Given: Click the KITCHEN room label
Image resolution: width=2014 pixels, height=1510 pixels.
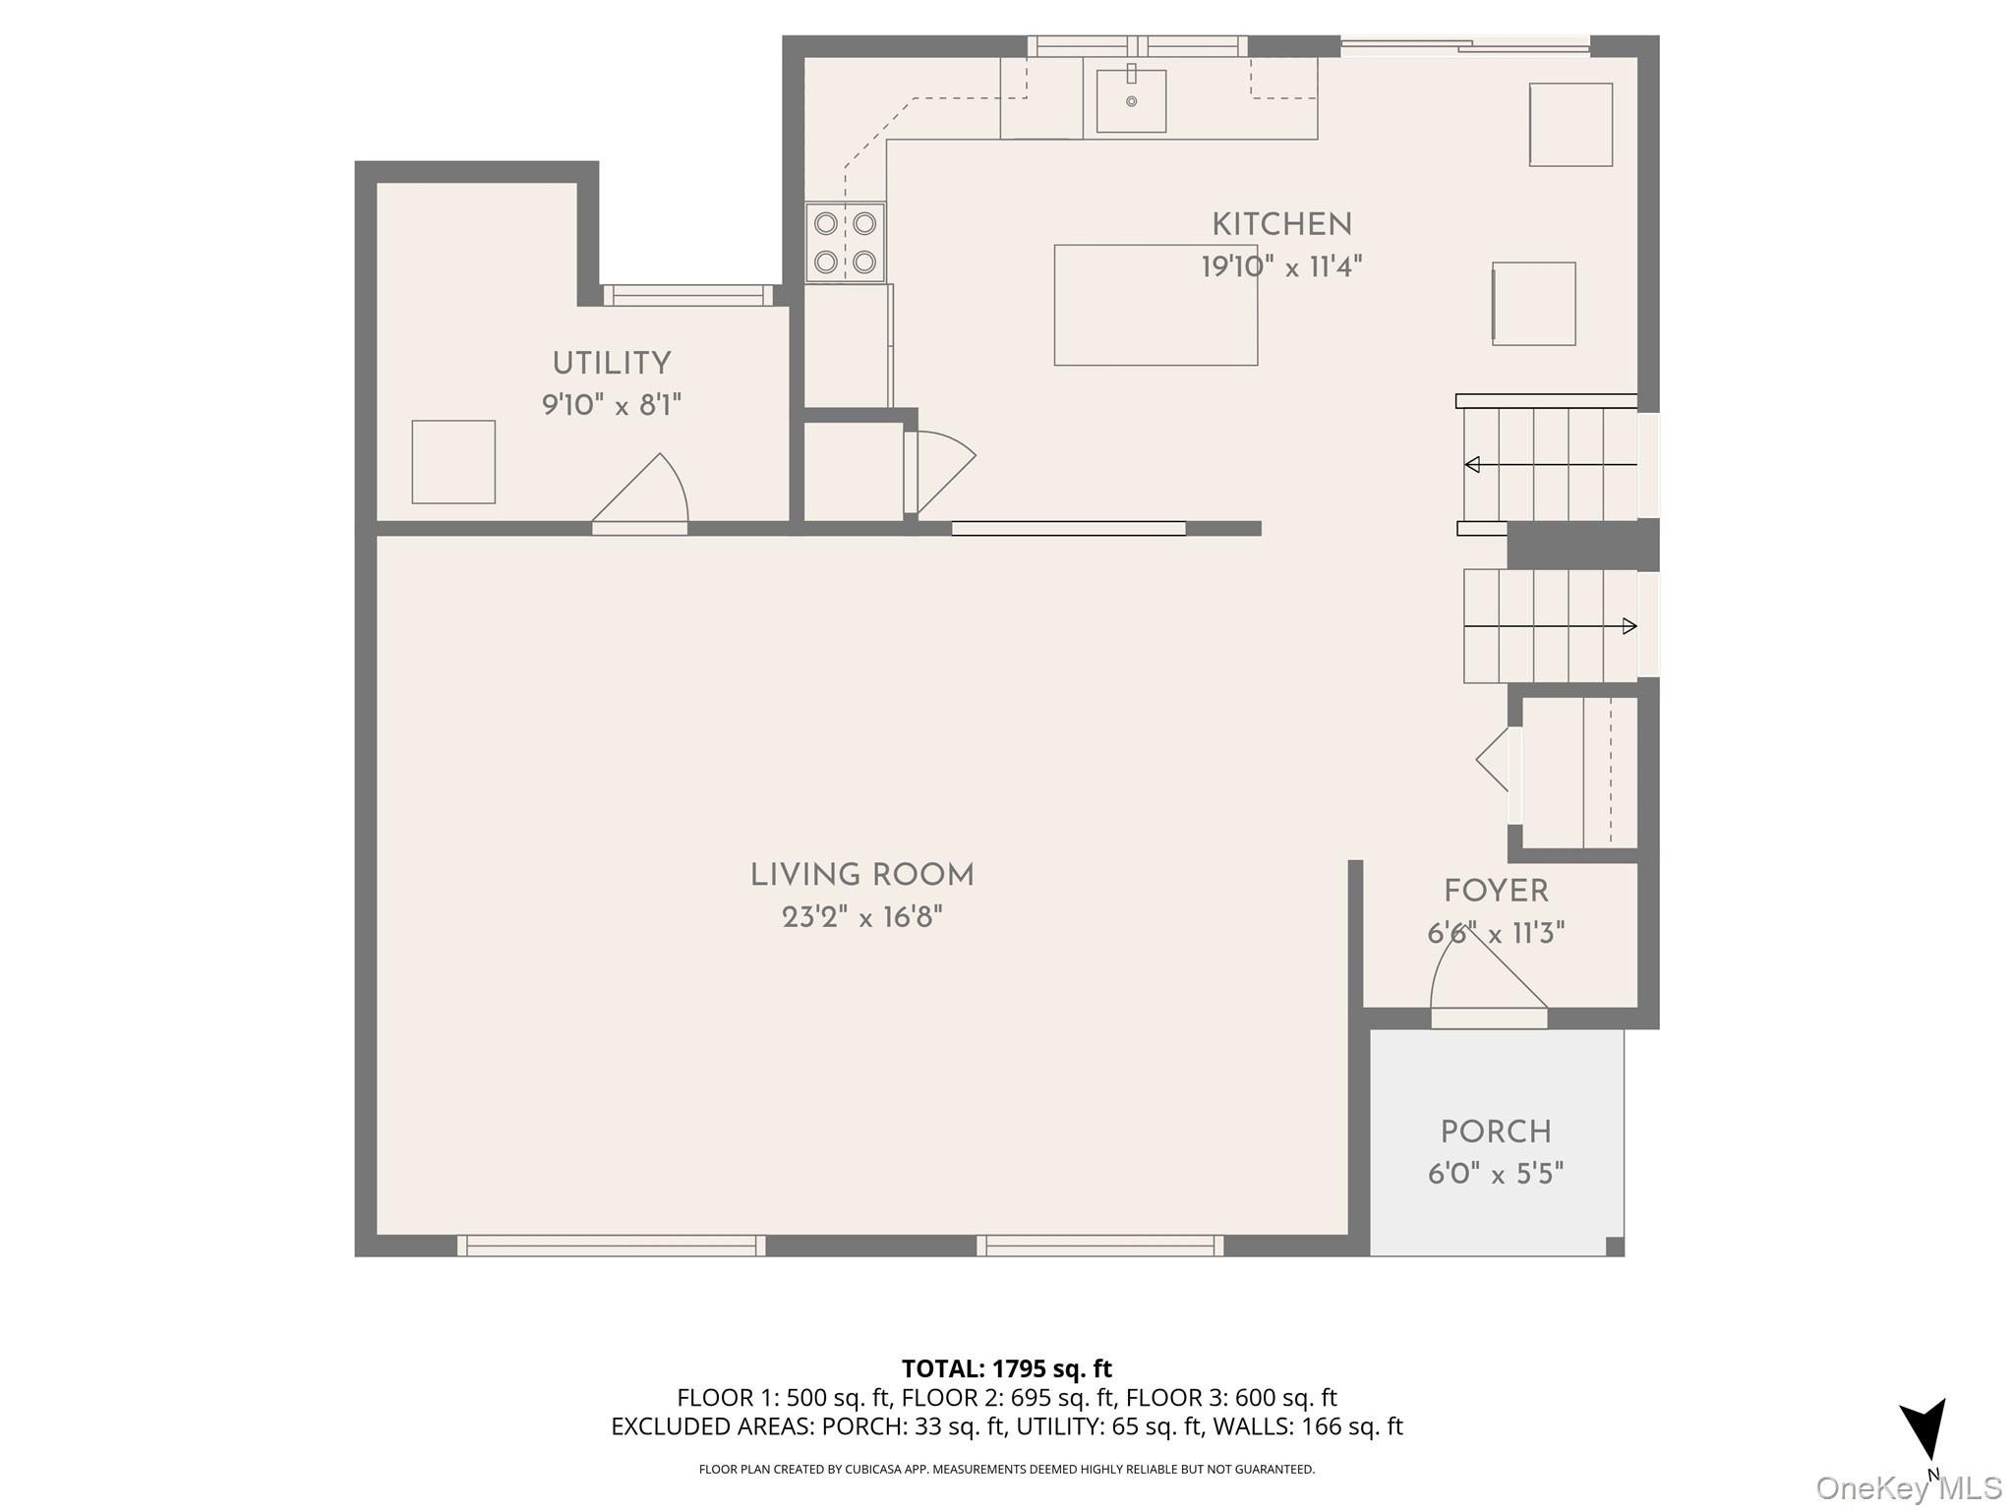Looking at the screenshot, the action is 1281,225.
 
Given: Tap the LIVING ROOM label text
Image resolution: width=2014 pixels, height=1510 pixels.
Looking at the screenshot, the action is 862,875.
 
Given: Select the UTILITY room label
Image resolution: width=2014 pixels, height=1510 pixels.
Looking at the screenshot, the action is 612,364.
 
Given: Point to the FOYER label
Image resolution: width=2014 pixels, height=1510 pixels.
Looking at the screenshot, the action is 1496,892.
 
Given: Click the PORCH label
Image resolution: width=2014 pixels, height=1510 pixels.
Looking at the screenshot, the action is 1496,1132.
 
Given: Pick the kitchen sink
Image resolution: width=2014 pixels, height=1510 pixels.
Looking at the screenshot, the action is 1131,100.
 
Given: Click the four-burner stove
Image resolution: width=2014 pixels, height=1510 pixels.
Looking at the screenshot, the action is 846,242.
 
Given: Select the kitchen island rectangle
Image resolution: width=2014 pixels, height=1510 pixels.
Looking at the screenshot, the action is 1155,305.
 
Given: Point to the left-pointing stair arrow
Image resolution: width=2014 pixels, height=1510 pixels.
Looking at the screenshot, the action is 1551,464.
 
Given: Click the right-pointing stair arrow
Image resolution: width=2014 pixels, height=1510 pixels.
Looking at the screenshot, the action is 1551,626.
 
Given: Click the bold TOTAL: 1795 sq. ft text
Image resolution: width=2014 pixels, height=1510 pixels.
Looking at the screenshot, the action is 1006,1368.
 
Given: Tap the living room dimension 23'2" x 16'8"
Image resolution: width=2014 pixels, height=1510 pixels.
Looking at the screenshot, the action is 862,917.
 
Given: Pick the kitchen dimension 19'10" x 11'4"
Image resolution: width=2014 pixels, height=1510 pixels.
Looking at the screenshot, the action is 1281,266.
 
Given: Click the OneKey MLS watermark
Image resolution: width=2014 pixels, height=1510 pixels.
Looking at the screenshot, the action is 1909,1488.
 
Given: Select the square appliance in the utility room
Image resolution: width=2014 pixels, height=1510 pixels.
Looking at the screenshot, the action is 453,462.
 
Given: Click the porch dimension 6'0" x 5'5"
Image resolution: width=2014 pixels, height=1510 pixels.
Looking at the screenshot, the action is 1496,1174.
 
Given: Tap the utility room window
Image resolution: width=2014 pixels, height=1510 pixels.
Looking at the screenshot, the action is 688,295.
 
